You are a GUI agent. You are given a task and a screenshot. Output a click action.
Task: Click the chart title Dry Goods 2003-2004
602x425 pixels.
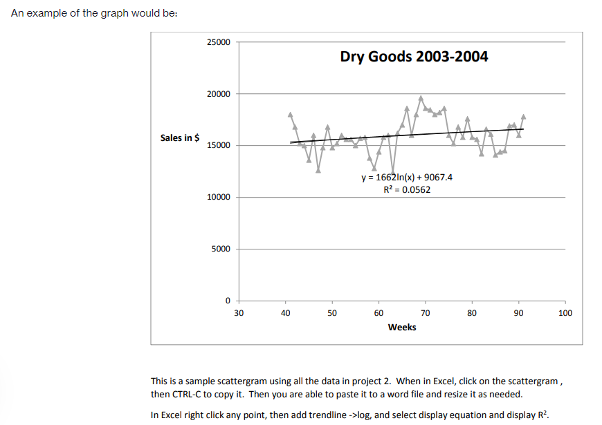coord(414,57)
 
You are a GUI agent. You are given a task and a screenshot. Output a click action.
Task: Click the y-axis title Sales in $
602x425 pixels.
coord(180,138)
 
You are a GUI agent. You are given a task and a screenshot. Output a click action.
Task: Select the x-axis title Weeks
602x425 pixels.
coord(402,327)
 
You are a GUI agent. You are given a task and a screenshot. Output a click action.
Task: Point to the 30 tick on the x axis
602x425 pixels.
coord(239,313)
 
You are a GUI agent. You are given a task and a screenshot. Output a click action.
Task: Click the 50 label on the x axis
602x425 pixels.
coord(332,313)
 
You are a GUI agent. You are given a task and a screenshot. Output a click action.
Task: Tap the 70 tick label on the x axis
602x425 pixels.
coord(426,313)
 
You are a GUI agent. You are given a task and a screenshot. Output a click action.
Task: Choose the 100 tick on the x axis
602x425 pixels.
coord(565,313)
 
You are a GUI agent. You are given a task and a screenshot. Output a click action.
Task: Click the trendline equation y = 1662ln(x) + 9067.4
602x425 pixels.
coord(407,177)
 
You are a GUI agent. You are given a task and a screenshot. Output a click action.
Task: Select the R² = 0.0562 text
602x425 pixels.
coord(407,189)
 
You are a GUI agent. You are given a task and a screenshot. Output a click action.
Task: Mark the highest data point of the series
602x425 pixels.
coord(421,98)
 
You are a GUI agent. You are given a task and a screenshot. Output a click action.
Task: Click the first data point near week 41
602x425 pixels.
coord(291,114)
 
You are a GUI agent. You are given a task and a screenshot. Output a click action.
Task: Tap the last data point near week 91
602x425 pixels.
coord(524,116)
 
